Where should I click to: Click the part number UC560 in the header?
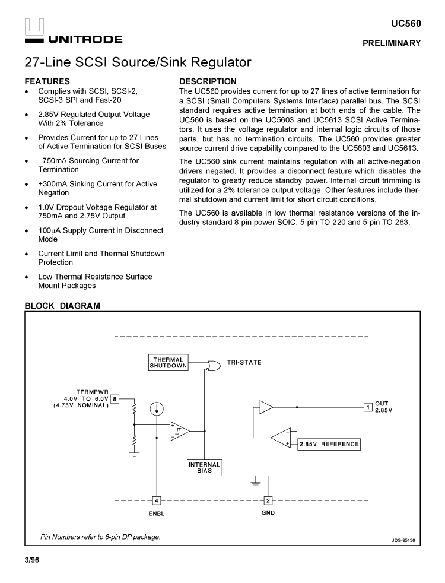[406, 24]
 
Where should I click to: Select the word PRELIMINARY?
[392, 43]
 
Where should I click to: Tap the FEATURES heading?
[47, 81]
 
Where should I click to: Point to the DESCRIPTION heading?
[208, 81]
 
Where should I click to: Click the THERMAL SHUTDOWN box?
[169, 363]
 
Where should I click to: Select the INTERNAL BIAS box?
[204, 468]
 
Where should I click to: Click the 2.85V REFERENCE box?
[329, 444]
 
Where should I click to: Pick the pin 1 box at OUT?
[368, 407]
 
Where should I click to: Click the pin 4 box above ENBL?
[157, 500]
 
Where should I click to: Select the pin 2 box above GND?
[268, 500]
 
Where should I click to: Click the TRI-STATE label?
[244, 362]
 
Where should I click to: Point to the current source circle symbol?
[157, 409]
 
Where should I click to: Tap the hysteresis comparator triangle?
[180, 430]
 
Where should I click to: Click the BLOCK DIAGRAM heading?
[62, 306]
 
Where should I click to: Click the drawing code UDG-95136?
[403, 540]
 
